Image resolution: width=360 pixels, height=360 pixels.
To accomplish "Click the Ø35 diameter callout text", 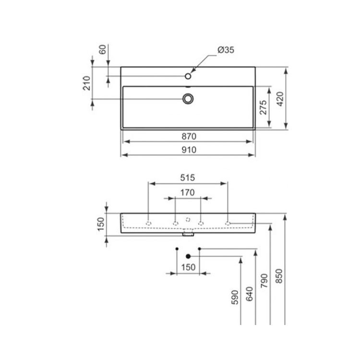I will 226,50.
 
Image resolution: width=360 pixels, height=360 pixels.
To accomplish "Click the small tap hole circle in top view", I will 188,76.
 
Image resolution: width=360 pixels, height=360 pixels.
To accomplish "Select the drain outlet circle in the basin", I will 188,98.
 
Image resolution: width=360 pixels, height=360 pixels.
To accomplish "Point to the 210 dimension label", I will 87,83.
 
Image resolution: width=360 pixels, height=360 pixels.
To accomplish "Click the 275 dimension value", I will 263,108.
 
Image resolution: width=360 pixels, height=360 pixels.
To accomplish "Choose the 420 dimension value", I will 280,98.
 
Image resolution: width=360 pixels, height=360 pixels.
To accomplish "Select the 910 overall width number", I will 189,150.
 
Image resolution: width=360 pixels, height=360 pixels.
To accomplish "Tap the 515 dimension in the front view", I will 187,178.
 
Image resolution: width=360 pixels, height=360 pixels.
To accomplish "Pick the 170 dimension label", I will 187,192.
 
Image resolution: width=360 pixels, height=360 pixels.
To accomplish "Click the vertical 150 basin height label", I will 101,224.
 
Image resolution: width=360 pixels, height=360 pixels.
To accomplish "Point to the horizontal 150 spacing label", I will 188,267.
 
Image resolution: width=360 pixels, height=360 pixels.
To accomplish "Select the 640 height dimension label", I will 249,294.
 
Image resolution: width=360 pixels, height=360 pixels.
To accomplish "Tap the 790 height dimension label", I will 264,280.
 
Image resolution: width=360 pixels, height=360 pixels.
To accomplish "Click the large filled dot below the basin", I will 188,256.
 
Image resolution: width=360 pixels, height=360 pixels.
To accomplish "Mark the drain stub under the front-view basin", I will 188,235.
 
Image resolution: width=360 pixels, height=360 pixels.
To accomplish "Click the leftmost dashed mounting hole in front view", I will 149,223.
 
